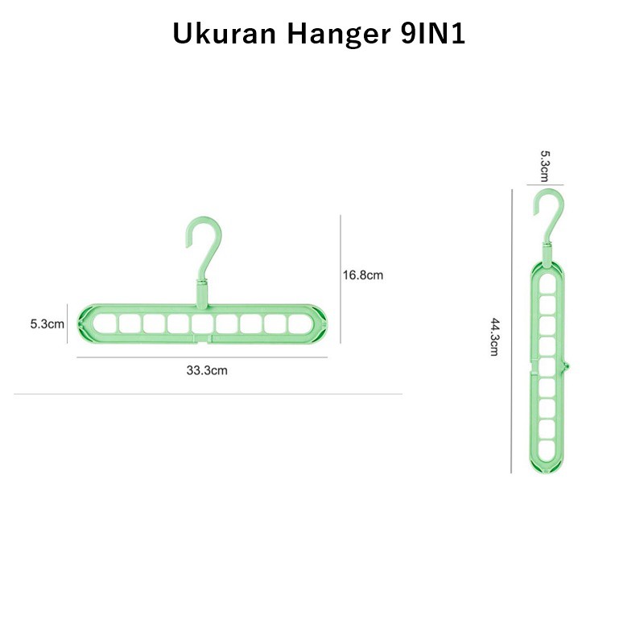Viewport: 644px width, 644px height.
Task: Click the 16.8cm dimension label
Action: [x=363, y=275]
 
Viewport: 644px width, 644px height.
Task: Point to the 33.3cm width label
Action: [x=208, y=371]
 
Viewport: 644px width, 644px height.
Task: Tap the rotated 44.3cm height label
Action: [x=497, y=338]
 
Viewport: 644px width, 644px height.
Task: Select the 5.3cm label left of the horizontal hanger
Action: [x=47, y=324]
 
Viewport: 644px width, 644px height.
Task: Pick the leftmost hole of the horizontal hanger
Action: [x=102, y=324]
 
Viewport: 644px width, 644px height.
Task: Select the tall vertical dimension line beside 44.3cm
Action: [x=512, y=330]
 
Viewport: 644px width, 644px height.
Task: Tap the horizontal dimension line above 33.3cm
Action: [x=206, y=357]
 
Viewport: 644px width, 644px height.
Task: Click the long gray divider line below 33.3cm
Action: [x=208, y=394]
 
